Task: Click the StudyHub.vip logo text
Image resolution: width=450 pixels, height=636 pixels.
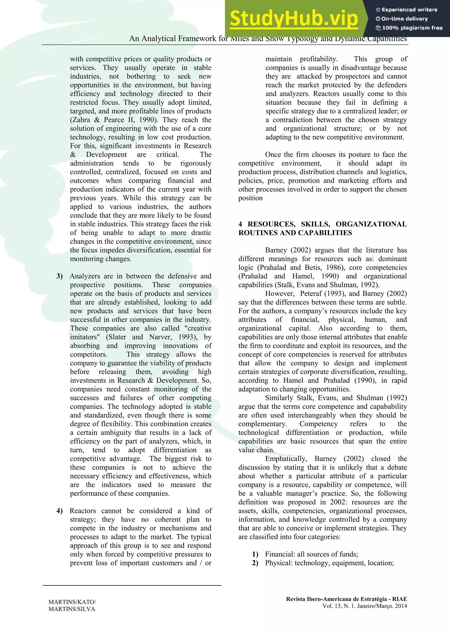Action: [x=294, y=18]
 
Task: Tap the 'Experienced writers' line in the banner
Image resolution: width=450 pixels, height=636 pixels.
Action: [x=406, y=10]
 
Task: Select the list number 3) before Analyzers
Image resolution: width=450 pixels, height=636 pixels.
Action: [x=60, y=276]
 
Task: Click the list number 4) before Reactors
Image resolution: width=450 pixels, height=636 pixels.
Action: [x=60, y=511]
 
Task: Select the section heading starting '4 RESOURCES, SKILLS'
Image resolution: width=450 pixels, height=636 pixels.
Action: [x=322, y=228]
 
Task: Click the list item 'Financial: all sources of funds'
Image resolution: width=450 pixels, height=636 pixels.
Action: [x=311, y=554]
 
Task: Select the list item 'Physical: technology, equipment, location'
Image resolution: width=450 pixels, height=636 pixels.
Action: [x=329, y=563]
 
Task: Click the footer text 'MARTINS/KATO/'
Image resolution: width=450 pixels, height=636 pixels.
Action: [x=72, y=602]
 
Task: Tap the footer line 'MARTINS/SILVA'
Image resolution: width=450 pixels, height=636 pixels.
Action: [x=72, y=609]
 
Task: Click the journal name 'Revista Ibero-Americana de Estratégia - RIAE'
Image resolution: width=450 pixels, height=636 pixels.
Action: [x=346, y=599]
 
